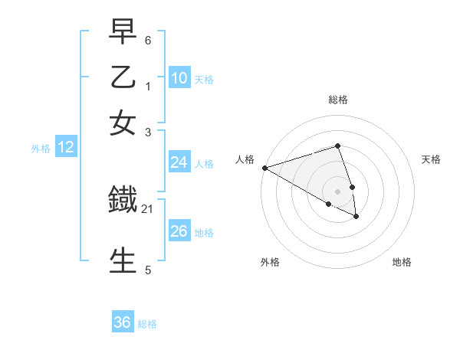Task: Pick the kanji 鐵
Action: tap(123, 201)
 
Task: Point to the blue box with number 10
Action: tap(179, 78)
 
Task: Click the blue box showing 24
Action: tap(179, 162)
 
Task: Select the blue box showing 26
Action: tap(179, 231)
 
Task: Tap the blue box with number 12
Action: tap(66, 148)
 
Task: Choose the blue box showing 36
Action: tap(123, 322)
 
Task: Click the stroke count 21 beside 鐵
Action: tap(147, 208)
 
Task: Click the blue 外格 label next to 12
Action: tap(41, 149)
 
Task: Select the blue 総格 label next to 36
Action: tap(147, 324)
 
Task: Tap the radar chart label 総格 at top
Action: tap(337, 100)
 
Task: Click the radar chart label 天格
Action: tap(431, 159)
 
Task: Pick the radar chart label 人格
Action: tap(245, 159)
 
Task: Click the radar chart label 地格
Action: tap(402, 262)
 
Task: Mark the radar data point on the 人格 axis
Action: tap(264, 168)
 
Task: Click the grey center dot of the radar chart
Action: tap(337, 191)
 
